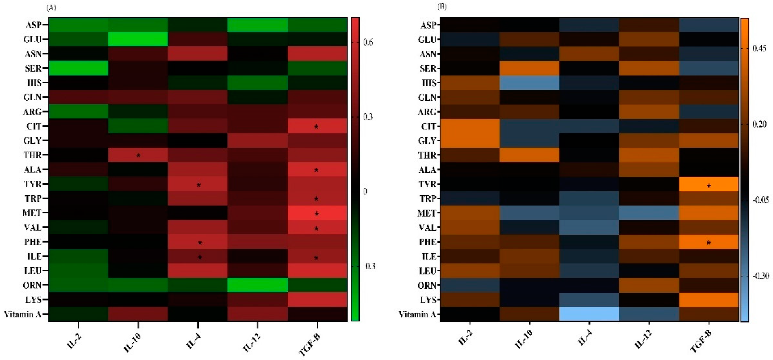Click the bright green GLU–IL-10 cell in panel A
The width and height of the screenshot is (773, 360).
tap(138, 39)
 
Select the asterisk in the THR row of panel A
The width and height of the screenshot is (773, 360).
tap(138, 155)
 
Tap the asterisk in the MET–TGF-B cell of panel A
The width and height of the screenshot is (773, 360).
tap(316, 214)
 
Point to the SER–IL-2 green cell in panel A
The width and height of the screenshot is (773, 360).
tap(78, 68)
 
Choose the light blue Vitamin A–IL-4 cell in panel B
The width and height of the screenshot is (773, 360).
tap(589, 314)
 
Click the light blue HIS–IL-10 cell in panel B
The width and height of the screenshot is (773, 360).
tap(529, 83)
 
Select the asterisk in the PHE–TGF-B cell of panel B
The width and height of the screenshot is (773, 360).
tap(709, 242)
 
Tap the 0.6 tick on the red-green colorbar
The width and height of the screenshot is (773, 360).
tap(368, 42)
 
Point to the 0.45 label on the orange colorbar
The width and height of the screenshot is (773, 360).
tap(759, 48)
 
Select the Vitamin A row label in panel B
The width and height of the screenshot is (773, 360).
tap(417, 314)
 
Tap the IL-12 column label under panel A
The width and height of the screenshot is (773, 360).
tap(251, 342)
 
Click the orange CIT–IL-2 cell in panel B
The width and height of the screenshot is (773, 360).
tap(470, 126)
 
